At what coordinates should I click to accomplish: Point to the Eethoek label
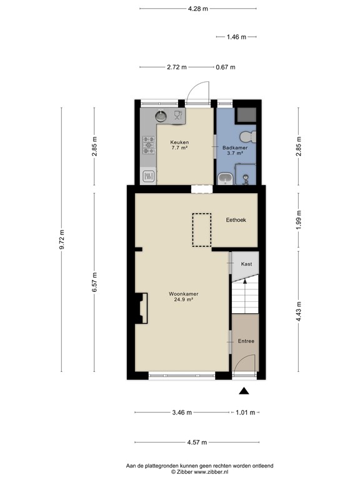click(x=236, y=220)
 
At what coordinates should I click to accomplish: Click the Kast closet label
click(x=246, y=264)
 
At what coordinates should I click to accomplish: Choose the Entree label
click(x=246, y=341)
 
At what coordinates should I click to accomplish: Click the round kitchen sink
click(x=161, y=116)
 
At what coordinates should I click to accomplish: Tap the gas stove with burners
click(x=149, y=145)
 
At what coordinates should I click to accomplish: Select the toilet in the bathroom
click(x=247, y=136)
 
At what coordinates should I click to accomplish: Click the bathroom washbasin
click(x=226, y=179)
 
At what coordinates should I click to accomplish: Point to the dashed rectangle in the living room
click(x=202, y=230)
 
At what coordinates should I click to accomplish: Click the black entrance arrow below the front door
click(x=244, y=391)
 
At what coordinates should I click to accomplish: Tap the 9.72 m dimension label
click(x=62, y=239)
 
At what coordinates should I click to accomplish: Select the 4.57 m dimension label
click(x=197, y=442)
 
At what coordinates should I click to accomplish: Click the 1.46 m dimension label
click(x=236, y=37)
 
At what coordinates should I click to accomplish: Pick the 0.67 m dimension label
click(x=226, y=67)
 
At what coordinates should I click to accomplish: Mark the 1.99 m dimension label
click(x=299, y=220)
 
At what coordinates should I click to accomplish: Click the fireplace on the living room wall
click(x=141, y=308)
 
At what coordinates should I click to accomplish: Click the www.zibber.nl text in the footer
click(x=210, y=472)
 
